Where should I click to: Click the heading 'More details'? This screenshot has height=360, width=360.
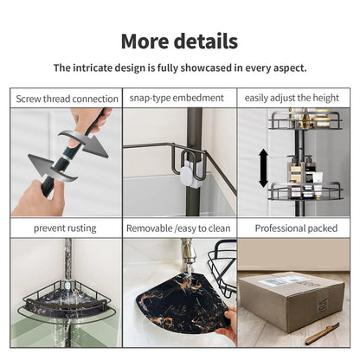point(179,42)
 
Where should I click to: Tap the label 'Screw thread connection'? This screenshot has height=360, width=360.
point(67,99)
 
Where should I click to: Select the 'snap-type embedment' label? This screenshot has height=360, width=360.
point(177,98)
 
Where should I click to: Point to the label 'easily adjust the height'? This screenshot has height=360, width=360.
point(292,98)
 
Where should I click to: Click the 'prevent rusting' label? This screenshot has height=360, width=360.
point(65,228)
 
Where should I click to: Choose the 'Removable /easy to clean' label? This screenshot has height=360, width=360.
point(178,228)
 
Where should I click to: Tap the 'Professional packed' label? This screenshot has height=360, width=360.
point(296,228)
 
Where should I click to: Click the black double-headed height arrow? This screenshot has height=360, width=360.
point(263,168)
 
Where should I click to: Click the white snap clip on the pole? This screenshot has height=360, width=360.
point(191,174)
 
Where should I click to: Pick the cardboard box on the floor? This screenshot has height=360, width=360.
point(292,300)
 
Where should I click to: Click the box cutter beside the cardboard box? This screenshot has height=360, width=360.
point(322,333)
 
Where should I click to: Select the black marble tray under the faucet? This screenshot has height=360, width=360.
point(184,301)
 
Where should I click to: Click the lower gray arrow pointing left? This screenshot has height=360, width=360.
point(53,168)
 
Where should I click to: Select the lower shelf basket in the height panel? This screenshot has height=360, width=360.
point(305,191)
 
